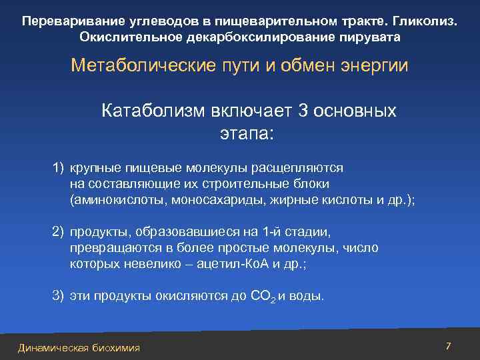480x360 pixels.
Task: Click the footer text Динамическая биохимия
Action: tap(79, 348)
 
